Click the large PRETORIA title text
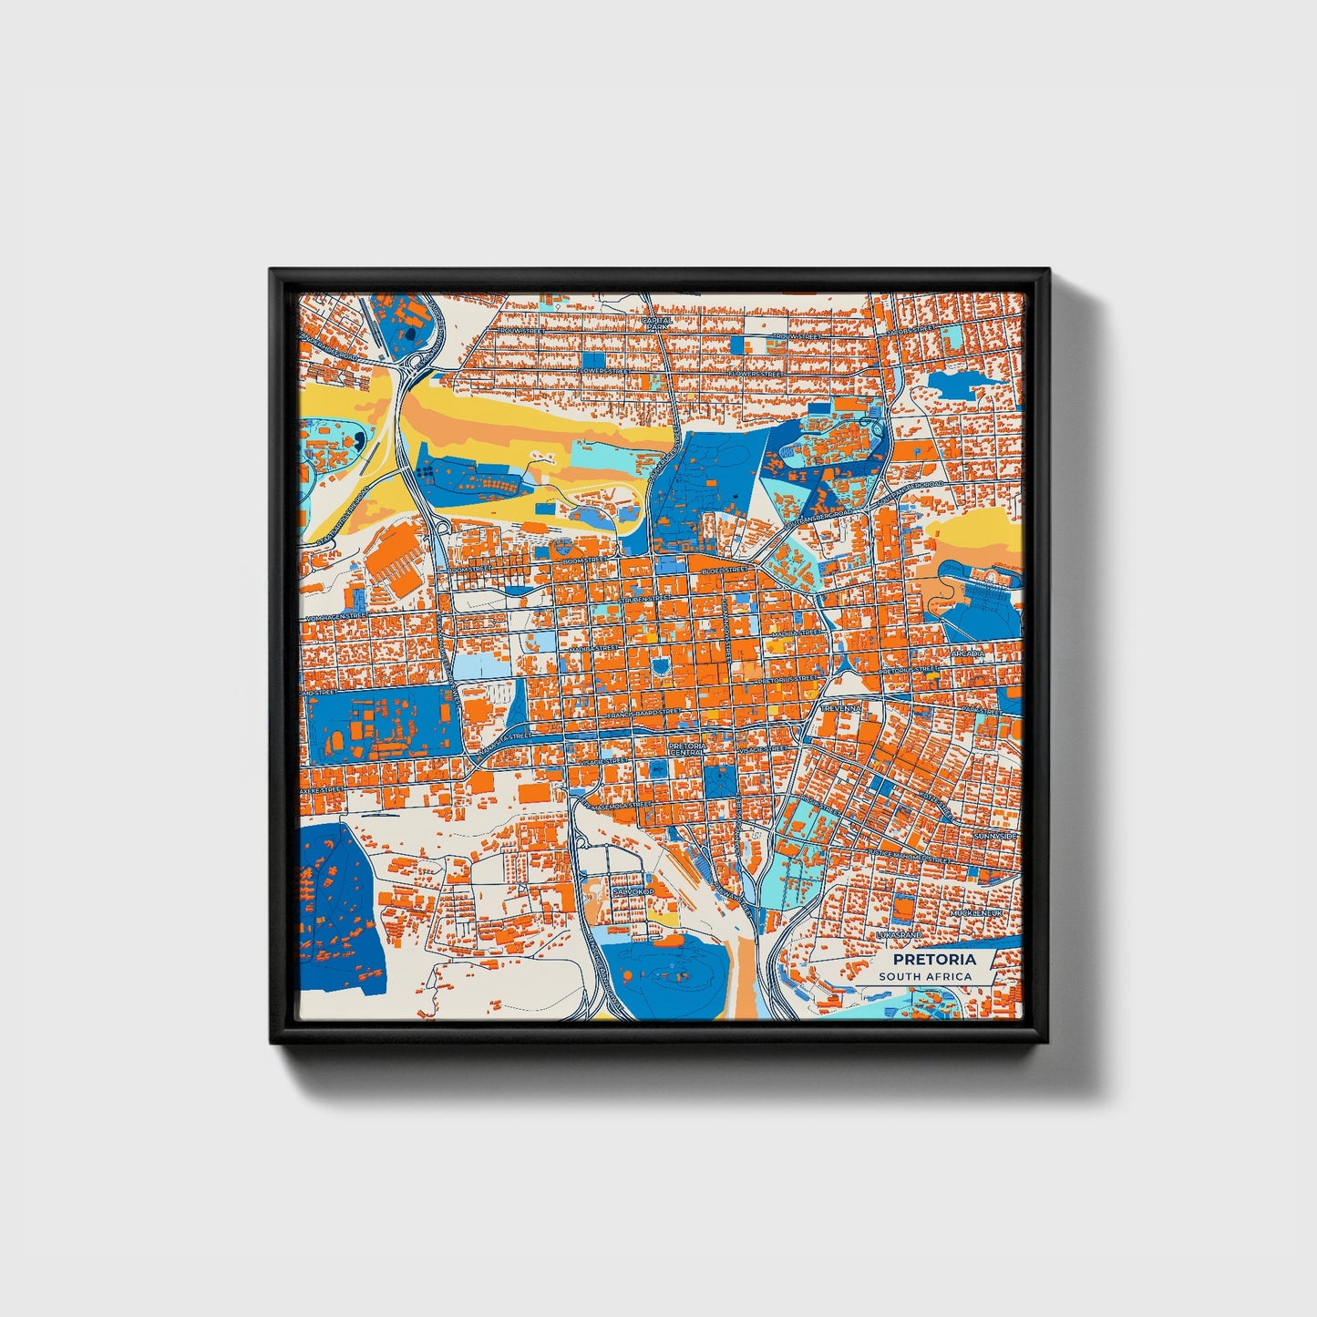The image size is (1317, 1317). point(933,959)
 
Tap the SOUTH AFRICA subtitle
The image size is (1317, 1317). point(925,976)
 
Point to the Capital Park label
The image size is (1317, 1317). point(656,324)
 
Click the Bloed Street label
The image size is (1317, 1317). point(725,569)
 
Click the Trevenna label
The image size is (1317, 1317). point(840,708)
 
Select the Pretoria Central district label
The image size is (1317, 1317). point(685,748)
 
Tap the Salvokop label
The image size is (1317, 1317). point(633,890)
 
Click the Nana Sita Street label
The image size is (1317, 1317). point(507,737)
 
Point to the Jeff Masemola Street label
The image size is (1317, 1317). point(619,807)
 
